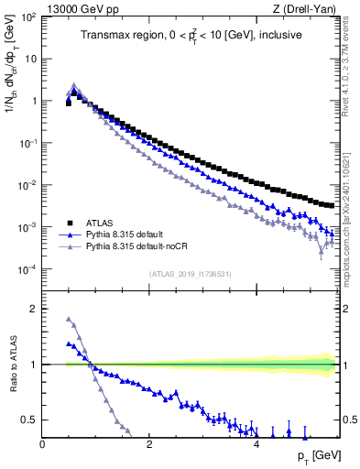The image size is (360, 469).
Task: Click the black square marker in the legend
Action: (x=69, y=223)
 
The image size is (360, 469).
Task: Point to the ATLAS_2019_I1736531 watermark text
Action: (x=190, y=274)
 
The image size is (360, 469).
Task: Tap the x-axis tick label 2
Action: (x=149, y=444)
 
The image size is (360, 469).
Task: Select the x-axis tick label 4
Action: (x=256, y=444)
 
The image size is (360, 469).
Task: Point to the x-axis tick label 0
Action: (x=43, y=444)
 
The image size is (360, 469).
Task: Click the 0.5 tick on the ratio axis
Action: (x=30, y=420)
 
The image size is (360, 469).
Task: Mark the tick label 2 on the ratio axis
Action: (x=34, y=310)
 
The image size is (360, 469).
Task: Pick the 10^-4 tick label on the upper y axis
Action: (x=27, y=269)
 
